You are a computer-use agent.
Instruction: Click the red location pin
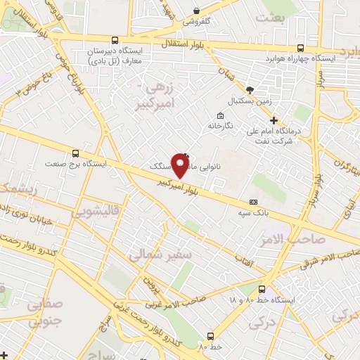(x=181, y=166)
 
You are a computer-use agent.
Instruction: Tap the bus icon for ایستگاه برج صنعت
(x=76, y=153)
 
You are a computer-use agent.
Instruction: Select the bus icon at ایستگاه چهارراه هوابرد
(x=300, y=49)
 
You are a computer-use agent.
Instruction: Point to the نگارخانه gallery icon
(x=221, y=116)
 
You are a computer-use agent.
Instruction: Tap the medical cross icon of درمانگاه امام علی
(x=274, y=121)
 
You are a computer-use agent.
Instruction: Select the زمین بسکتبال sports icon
(x=249, y=90)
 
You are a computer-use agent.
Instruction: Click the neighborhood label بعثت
(x=272, y=18)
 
